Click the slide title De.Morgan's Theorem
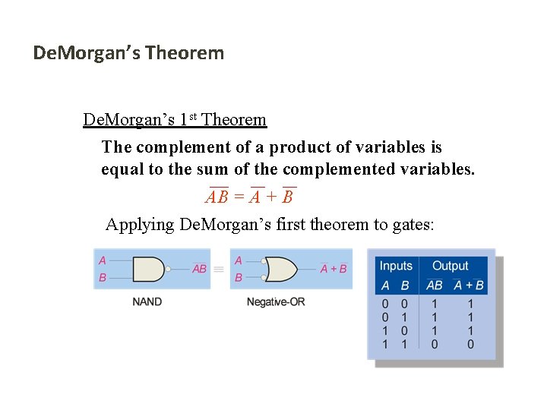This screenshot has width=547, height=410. tap(128, 53)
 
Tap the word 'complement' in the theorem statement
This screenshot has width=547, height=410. tap(179, 147)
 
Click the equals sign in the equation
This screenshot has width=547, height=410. tap(239, 197)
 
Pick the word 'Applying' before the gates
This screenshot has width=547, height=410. tap(139, 225)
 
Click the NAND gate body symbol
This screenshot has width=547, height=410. tap(148, 268)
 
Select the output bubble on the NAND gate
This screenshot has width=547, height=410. tap(168, 268)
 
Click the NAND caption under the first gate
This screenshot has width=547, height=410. tap(147, 301)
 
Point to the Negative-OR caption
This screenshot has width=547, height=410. tap(276, 301)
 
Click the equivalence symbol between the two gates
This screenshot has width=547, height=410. tap(218, 269)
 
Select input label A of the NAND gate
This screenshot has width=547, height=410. tap(103, 260)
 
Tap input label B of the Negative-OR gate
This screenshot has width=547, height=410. tap(239, 278)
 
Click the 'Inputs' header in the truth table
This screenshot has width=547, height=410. tap(396, 266)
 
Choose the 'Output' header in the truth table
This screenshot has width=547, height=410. tap(451, 266)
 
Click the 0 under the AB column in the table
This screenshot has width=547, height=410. tap(434, 345)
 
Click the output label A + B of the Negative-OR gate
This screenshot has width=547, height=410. tap(334, 269)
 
